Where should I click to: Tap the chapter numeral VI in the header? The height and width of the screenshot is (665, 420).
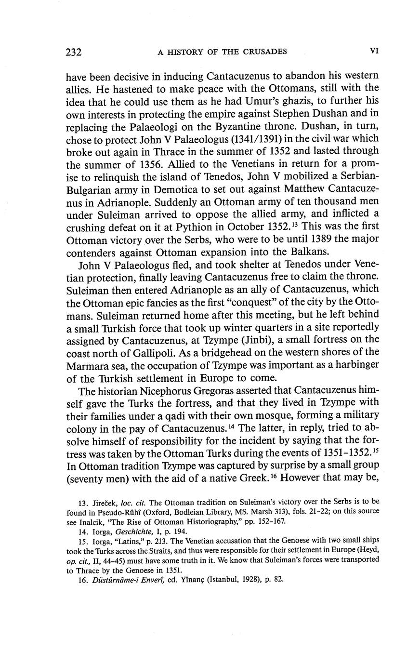(x=373, y=51)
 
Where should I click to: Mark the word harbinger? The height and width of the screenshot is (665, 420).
(x=355, y=364)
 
